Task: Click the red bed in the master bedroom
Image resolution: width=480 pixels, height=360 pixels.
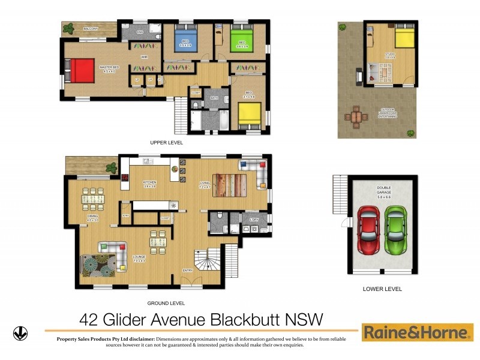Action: [x=80, y=71]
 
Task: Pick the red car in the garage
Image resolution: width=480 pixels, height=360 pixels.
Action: [x=368, y=230]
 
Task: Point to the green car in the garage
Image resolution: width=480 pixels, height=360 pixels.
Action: [x=395, y=230]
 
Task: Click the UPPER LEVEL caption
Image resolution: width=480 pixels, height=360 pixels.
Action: [x=166, y=143]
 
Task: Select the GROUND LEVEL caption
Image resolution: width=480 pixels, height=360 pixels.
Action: [x=166, y=303]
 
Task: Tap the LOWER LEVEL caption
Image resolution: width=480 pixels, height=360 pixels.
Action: [x=382, y=289]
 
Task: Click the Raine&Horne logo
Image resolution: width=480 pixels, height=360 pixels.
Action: [x=417, y=332]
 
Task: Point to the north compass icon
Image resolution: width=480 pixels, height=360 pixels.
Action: [x=20, y=333]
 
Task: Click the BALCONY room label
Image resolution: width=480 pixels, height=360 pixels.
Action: [x=90, y=28]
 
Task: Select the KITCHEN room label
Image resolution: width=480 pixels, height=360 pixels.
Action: [x=149, y=182]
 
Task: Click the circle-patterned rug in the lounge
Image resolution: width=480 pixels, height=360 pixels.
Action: [x=98, y=266]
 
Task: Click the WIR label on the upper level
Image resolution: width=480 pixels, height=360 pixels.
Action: [x=144, y=57]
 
